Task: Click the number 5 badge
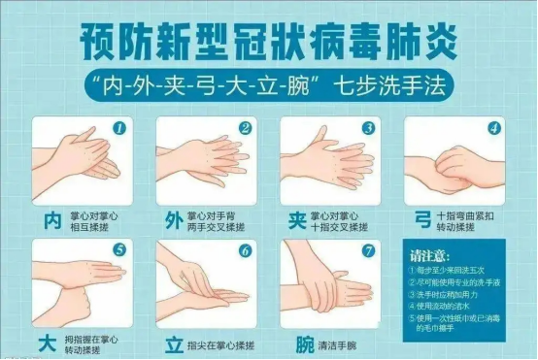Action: click(x=119, y=249)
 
